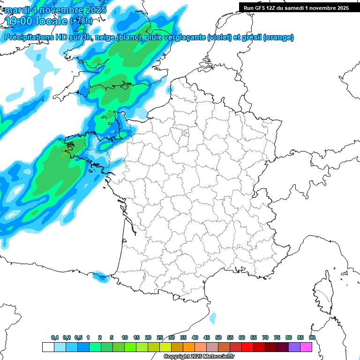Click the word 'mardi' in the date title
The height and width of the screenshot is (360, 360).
tap(17, 9)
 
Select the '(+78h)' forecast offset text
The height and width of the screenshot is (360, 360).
tap(81, 21)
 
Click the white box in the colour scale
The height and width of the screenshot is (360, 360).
tap(48, 347)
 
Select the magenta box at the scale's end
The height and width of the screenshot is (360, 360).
tap(307, 347)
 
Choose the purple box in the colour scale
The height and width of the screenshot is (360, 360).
tap(295, 347)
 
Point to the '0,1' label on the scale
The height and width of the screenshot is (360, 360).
tap(54, 338)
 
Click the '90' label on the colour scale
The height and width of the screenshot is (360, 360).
tap(312, 338)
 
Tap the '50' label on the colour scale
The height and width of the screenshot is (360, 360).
tap(218, 338)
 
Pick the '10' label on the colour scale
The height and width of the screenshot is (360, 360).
tap(125, 338)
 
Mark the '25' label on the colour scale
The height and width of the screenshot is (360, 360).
tap(160, 338)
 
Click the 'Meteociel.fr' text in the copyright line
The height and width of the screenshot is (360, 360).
tap(215, 356)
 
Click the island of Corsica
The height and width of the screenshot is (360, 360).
tap(324, 295)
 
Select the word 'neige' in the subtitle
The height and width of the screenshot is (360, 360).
tap(105, 37)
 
